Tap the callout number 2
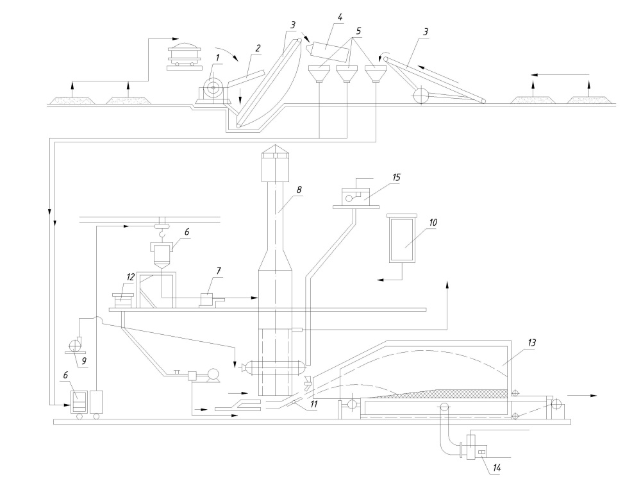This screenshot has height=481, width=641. pyautogui.click(x=258, y=48)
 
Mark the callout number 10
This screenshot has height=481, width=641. pyautogui.click(x=433, y=221)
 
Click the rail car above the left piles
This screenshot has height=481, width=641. pyautogui.click(x=183, y=55)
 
